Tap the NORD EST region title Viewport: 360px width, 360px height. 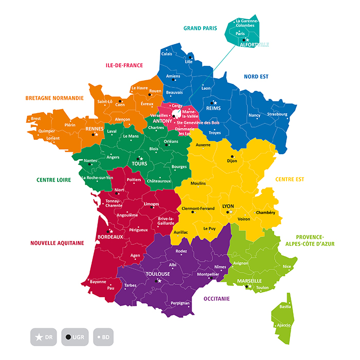coord(256,77)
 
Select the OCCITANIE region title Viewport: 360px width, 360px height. coord(217,298)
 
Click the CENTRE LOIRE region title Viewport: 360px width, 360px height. coord(53,180)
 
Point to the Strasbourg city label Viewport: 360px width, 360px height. coord(277,114)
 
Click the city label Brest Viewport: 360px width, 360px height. coord(35,118)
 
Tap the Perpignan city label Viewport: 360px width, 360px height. coord(180,303)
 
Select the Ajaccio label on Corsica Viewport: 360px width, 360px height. coord(284,325)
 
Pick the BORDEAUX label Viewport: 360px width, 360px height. coord(110,237)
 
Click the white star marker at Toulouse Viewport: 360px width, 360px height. coord(159,281)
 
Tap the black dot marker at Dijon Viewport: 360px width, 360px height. coord(232,156)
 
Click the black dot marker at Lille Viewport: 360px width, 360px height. coord(190,57)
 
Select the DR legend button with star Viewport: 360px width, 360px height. coord(44,337)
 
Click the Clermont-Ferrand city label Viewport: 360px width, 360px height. coord(198,208)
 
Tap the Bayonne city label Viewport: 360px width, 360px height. coord(98,282)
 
